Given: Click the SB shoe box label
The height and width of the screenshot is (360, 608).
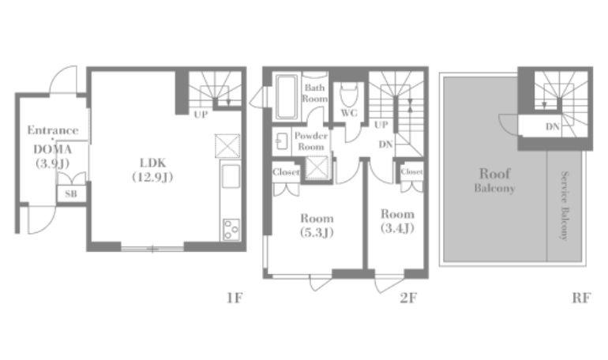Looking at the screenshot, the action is click(71, 193).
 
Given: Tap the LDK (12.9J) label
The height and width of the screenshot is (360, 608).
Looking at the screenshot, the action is click(152, 170).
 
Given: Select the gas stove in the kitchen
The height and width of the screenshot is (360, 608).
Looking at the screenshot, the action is click(231, 230).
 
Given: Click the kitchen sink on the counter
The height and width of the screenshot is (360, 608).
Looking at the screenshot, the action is click(231, 176).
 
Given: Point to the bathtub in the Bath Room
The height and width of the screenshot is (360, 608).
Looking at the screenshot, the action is click(286, 96).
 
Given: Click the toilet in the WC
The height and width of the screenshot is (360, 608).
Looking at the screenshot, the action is click(349, 94).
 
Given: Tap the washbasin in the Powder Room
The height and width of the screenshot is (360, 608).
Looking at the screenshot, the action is click(282, 141).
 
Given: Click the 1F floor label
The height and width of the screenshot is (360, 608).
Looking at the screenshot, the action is click(235, 298).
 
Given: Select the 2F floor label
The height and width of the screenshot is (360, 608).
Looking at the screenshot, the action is click(408, 298).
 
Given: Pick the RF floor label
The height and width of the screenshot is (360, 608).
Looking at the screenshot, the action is click(581, 298).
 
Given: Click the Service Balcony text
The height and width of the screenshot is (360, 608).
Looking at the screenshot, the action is click(565, 205).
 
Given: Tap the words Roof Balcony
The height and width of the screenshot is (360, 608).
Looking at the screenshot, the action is click(495, 180).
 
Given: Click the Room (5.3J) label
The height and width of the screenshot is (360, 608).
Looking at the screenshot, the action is click(317, 225).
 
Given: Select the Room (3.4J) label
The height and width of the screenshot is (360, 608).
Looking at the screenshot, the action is click(397, 221).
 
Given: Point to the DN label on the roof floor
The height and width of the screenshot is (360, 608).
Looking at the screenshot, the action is click(553, 127).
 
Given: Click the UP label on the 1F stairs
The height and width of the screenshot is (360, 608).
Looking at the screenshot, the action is click(201, 114).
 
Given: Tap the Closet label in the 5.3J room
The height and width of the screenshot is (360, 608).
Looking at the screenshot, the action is click(286, 171).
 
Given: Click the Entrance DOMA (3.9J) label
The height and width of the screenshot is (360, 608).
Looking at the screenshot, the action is click(53, 147).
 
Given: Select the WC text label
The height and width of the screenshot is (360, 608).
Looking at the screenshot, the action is click(349, 113).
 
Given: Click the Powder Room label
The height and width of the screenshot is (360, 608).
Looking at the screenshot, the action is click(311, 141).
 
